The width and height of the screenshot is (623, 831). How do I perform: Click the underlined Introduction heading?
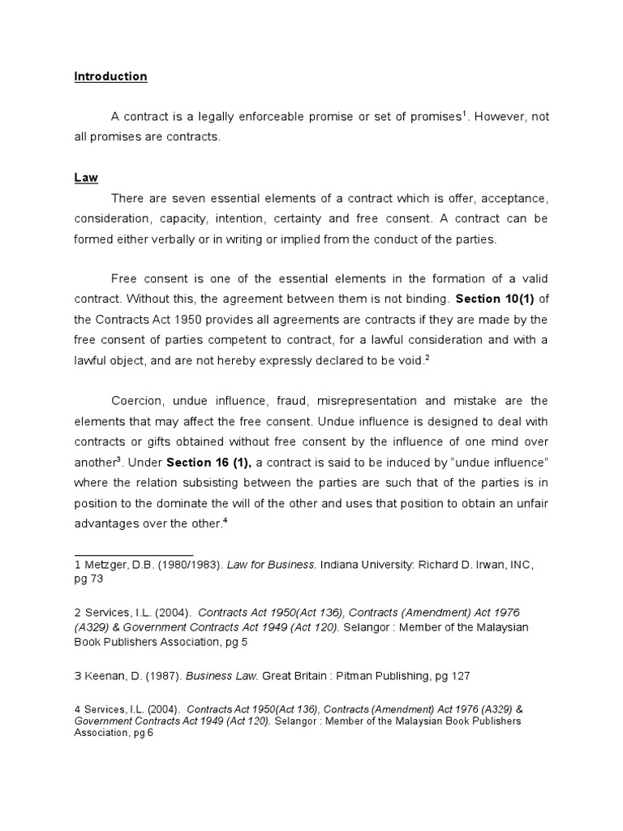110,77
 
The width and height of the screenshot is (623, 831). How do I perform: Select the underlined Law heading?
85,178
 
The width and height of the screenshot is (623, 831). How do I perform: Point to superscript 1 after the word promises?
465,113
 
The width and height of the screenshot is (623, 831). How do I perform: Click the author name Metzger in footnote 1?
104,565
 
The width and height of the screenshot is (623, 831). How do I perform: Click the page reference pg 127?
449,675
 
